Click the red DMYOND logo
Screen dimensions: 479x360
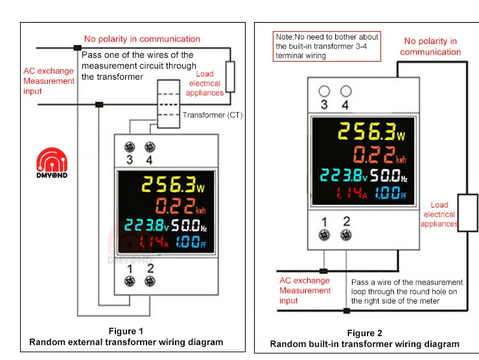[x=52, y=163]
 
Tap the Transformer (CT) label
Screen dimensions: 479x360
[x=213, y=115]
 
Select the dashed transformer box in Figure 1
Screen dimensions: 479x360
[x=169, y=104]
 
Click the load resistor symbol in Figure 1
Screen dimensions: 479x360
[x=230, y=77]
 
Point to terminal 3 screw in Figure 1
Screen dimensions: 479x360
[x=130, y=147]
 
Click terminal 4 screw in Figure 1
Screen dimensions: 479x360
[x=150, y=147]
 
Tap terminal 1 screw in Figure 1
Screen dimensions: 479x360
[x=130, y=281]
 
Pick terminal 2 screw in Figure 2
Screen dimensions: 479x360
[x=346, y=235]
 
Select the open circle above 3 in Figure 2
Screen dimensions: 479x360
[x=324, y=91]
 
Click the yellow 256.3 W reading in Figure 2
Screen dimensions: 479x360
[x=371, y=132]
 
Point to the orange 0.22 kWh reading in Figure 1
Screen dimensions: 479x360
[x=181, y=206]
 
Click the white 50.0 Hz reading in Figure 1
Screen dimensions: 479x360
[x=189, y=226]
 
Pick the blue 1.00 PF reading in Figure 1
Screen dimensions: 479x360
[x=191, y=242]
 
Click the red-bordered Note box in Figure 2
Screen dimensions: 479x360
[x=327, y=47]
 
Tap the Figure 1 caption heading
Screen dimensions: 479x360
[x=126, y=331]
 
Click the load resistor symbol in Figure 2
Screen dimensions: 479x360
[x=468, y=213]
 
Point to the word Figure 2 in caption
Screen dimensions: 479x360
[x=364, y=333]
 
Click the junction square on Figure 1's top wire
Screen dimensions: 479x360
[x=78, y=47]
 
